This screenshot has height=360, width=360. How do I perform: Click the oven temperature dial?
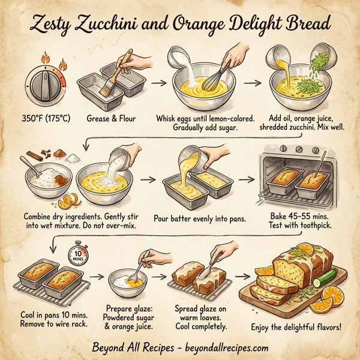pos(41,83)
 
